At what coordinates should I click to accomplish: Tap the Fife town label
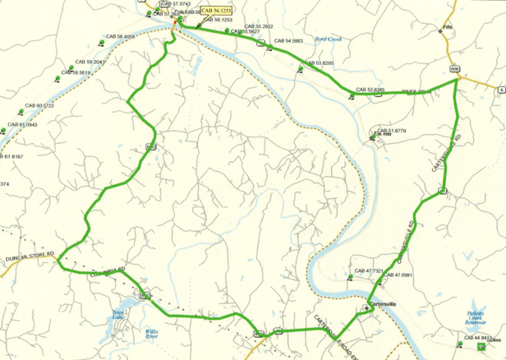tap(447, 27)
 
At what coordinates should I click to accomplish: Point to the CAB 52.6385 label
tap(370, 89)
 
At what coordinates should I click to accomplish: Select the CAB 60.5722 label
tap(40, 106)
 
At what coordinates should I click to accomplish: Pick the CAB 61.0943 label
tap(24, 123)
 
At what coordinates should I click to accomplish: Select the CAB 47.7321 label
tap(369, 270)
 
